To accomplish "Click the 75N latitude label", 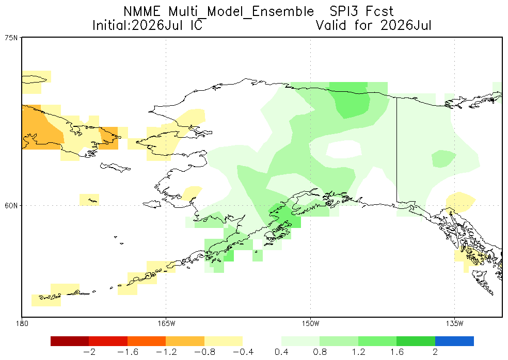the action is pos(11,38).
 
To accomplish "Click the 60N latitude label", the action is pos(11,206).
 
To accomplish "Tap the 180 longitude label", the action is pos(22,323).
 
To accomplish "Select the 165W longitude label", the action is pos(166,323).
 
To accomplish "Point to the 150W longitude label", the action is pos(310,323).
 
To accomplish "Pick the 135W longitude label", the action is pos(454,323).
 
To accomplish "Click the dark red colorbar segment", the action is pos(70,341).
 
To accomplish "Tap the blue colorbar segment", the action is pos(454,341).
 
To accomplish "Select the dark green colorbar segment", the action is pos(416,341).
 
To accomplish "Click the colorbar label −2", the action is pos(89,352).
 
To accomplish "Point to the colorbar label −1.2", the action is pos(166,352).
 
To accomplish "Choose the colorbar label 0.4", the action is pos(281,352).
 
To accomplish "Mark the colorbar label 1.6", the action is pos(396,352).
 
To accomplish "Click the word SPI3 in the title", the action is pos(344,12).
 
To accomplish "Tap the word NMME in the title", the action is pos(142,12).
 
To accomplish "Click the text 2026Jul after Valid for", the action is pos(406,25).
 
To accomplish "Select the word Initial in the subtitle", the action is pos(110,25).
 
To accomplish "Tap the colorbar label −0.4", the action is pos(243,352).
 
